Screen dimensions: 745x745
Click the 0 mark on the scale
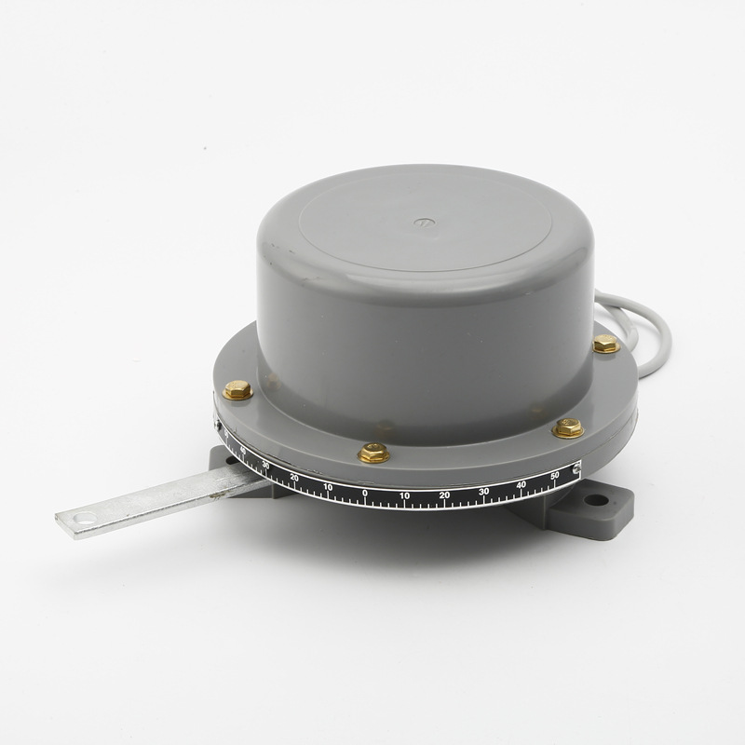(364, 493)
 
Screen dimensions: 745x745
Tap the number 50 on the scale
(555, 476)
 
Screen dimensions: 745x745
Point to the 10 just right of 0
(405, 494)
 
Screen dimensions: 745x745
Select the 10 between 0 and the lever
(327, 486)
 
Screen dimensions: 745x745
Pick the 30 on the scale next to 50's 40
(483, 491)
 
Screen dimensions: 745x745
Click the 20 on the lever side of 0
(294, 477)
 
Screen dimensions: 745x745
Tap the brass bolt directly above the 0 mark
(373, 453)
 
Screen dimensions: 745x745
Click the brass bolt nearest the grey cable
(606, 344)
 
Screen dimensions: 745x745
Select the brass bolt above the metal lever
(237, 389)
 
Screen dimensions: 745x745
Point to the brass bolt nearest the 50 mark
(567, 428)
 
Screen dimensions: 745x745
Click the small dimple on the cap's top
(424, 223)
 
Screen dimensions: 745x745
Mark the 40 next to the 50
(521, 484)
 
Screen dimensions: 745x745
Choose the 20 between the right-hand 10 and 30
(444, 494)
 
